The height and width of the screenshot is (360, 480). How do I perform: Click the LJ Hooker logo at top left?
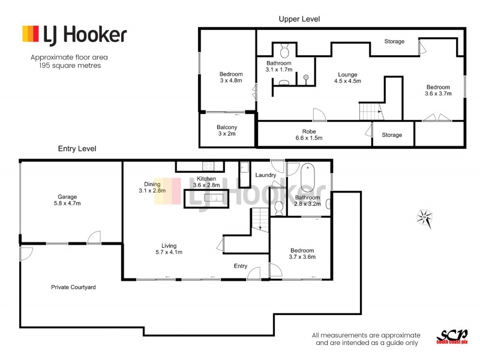point(74,35)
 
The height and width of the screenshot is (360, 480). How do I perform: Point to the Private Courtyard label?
point(73,287)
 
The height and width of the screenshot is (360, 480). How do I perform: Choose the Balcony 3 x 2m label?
point(227,131)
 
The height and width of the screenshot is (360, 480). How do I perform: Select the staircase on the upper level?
point(370,111)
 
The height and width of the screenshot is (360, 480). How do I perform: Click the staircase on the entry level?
point(259,220)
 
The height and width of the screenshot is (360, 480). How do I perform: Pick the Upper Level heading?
point(299,19)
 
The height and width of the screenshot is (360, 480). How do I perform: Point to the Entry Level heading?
point(77,148)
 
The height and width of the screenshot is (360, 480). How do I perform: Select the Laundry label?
point(265,175)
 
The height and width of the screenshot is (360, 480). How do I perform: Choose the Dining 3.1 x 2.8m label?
point(151,187)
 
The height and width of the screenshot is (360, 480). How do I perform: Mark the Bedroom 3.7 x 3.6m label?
point(302,254)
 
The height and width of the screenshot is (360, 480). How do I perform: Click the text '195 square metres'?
point(67,66)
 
